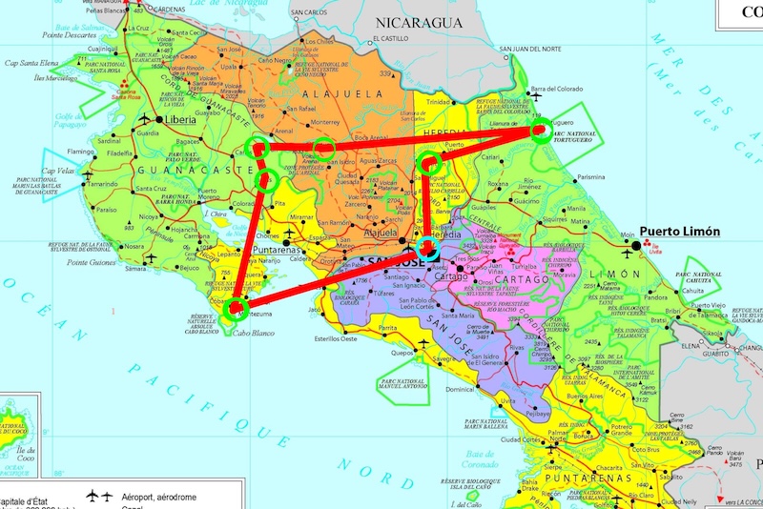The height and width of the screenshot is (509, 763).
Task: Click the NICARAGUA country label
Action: pyautogui.click(x=419, y=21)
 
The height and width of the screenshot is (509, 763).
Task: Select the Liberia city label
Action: pyautogui.click(x=181, y=121)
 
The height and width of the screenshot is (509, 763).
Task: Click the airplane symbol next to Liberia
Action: pyautogui.click(x=146, y=120)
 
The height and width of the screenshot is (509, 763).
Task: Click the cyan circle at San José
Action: pyautogui.click(x=425, y=248)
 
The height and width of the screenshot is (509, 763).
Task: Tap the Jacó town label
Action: pyautogui.click(x=314, y=308)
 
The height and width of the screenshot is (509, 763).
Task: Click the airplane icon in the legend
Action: pyautogui.click(x=93, y=497)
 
